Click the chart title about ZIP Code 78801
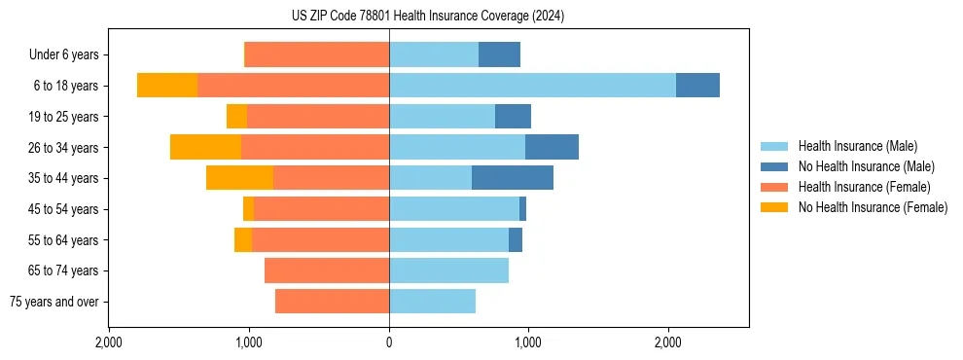[x=427, y=17]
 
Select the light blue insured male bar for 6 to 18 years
[x=532, y=86]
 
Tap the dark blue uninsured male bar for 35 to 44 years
[x=513, y=178]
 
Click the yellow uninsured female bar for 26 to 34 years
[x=205, y=147]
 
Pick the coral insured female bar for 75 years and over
[x=332, y=302]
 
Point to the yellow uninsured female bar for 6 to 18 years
[x=167, y=86]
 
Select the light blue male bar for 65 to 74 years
[x=448, y=270]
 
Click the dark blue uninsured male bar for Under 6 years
[x=499, y=54]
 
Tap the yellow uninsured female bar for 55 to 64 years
[x=243, y=239]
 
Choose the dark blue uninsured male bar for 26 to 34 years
[x=552, y=147]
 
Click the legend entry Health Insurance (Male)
[x=857, y=146]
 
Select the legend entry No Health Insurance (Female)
[x=873, y=207]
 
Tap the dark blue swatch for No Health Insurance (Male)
[x=775, y=166]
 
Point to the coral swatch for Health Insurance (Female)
[x=775, y=187]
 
